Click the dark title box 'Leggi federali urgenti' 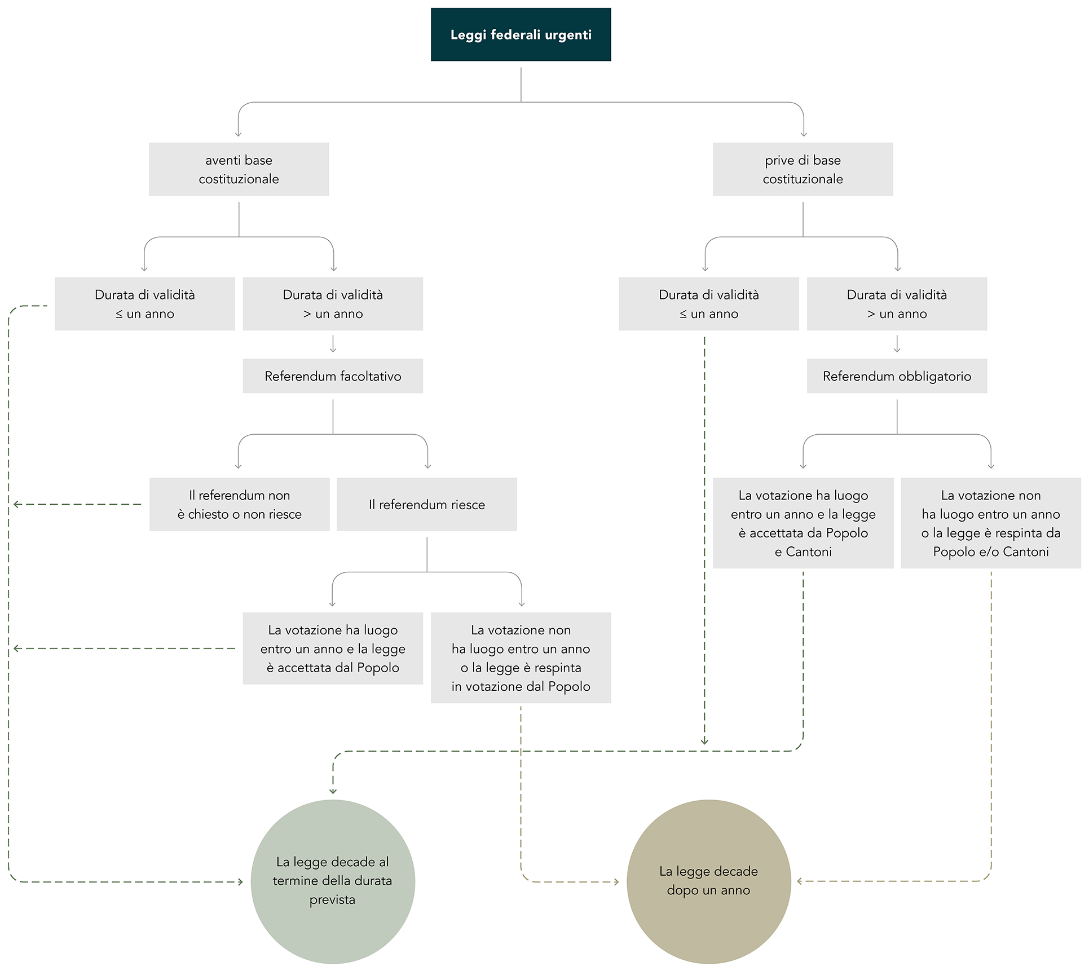(521, 34)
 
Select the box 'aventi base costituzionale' (239, 169)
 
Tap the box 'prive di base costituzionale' (803, 169)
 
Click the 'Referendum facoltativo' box (333, 376)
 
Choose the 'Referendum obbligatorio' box (897, 376)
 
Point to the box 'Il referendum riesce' (427, 505)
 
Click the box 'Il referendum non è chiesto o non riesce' (239, 505)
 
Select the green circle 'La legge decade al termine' (333, 881)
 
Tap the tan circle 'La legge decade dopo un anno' (709, 881)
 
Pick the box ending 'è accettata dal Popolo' (333, 648)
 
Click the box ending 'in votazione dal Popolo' (521, 658)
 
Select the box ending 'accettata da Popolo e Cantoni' (803, 523)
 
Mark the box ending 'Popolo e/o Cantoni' (991, 523)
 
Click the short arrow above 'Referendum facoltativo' (333, 344)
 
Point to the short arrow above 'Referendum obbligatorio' (897, 344)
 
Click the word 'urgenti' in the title (569, 35)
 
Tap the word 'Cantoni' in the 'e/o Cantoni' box (1026, 551)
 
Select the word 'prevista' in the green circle (332, 900)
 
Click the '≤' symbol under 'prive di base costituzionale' (683, 314)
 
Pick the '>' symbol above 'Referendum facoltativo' (307, 314)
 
